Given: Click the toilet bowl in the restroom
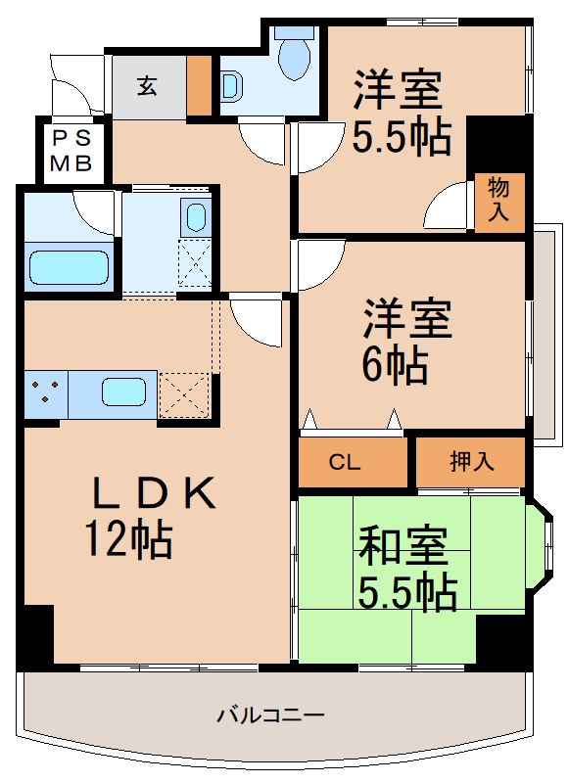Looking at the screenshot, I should [x=293, y=59].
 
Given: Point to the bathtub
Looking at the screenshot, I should [x=68, y=267].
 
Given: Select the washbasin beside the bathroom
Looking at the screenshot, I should [x=196, y=216].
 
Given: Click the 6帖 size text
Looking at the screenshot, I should [x=394, y=364].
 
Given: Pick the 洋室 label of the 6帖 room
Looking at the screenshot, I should [x=409, y=319].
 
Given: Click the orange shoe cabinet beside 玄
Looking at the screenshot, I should [x=199, y=87].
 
